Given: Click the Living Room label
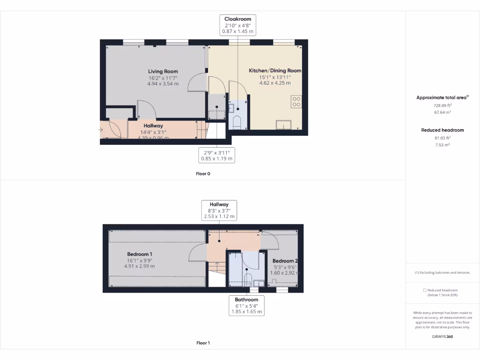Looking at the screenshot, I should [163, 72].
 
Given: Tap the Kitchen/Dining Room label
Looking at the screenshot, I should [275, 71].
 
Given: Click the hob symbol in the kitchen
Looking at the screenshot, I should [296, 101].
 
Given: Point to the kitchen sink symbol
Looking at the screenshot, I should [284, 124].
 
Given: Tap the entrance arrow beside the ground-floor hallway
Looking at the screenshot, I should [102, 129].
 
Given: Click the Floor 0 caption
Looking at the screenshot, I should [203, 173].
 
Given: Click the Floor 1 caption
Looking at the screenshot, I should [203, 343].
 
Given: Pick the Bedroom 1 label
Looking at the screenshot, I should [139, 255].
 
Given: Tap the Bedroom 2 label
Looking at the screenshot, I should [285, 261].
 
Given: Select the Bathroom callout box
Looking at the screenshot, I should [247, 306].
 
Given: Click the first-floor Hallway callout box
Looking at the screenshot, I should [219, 210].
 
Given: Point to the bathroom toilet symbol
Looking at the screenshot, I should [248, 279].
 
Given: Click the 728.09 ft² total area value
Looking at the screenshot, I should [442, 105].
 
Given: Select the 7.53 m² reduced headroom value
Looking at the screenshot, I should [442, 145].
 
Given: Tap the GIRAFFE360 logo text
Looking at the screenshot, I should [442, 337].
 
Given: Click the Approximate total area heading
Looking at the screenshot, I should [442, 97].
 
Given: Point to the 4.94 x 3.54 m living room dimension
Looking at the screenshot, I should [163, 83].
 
